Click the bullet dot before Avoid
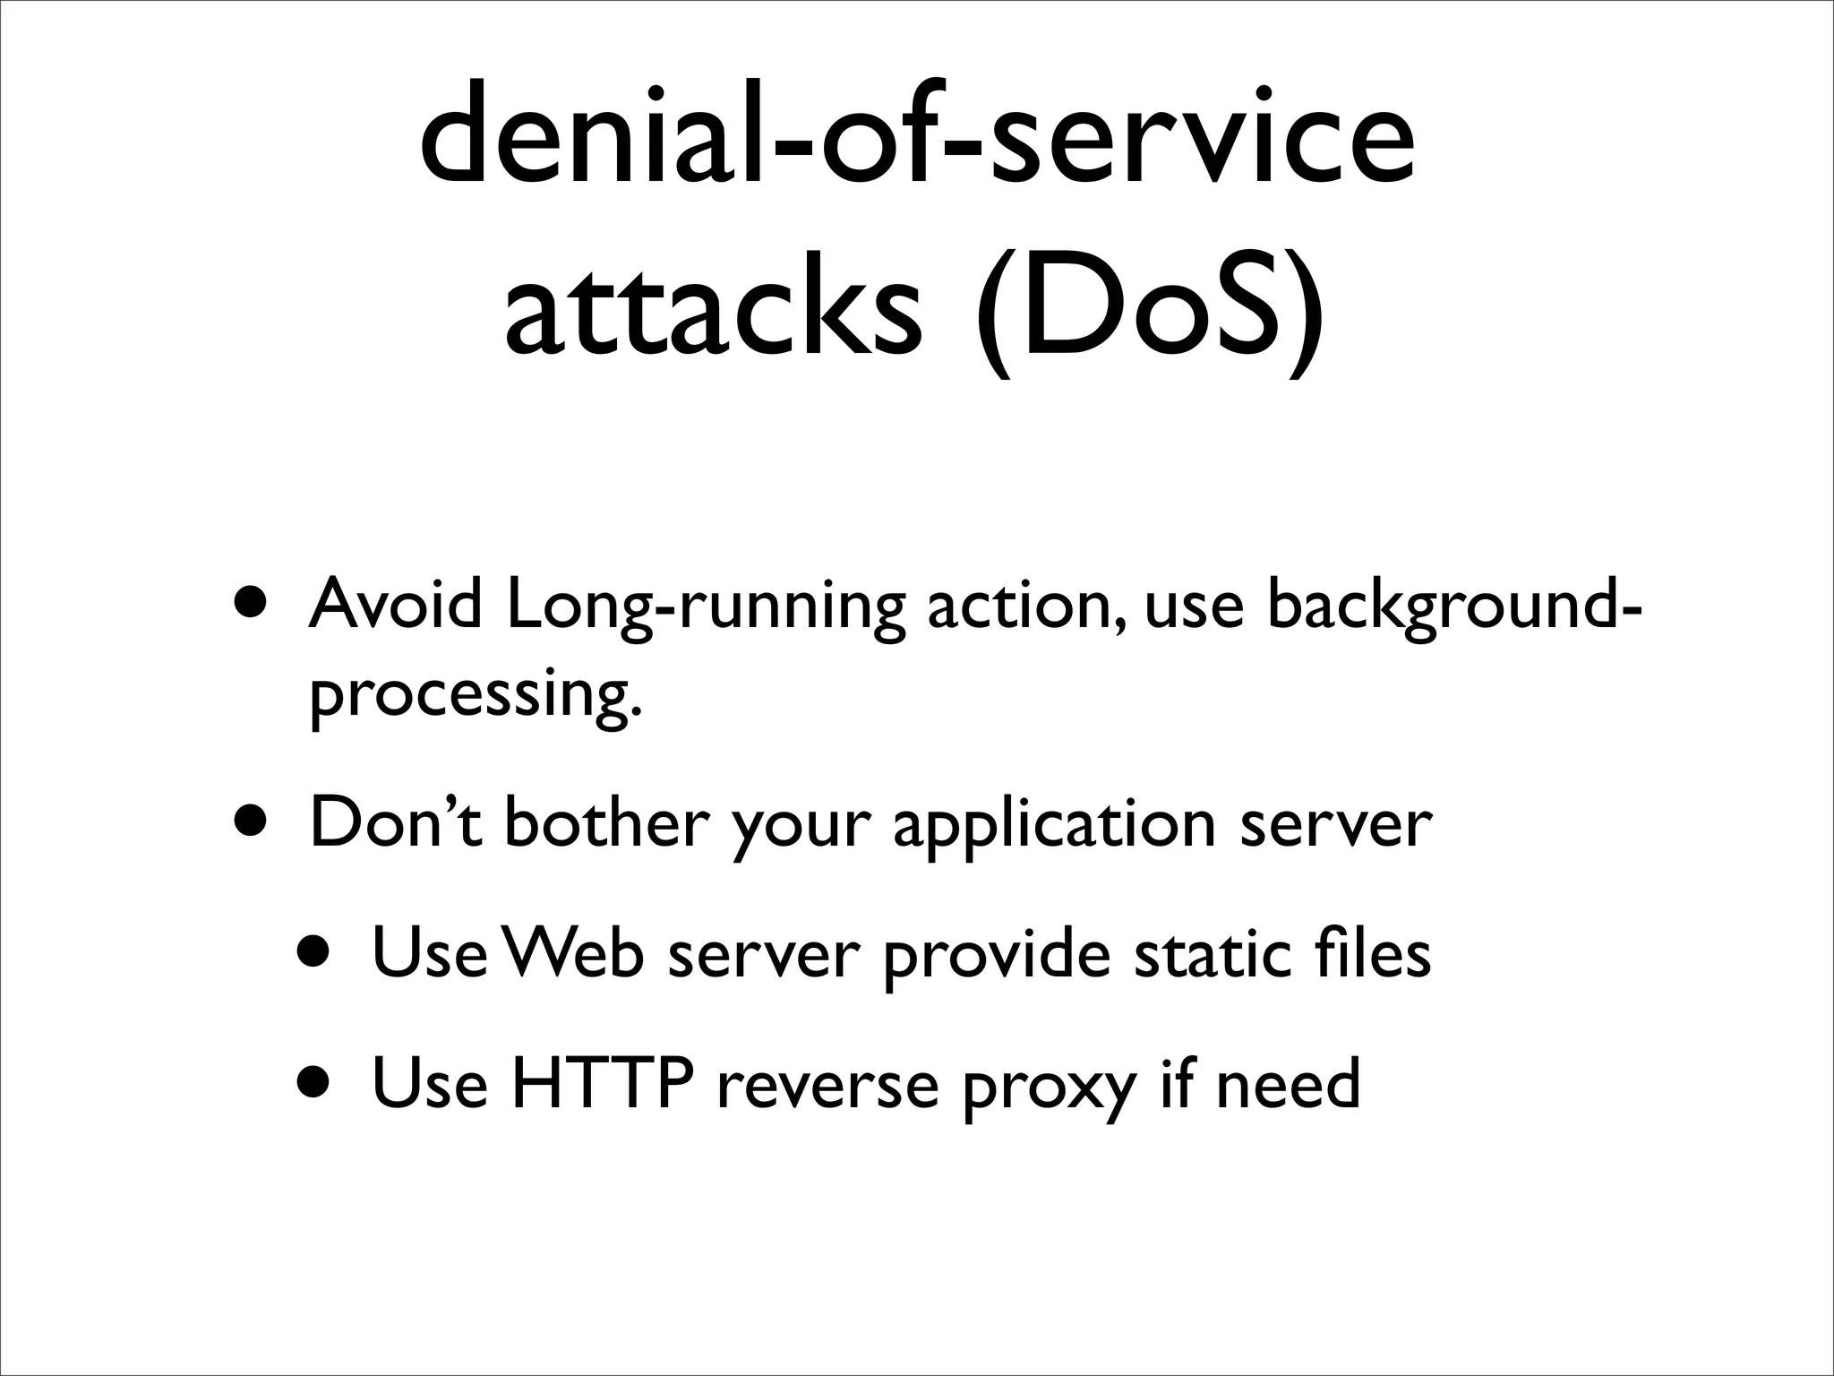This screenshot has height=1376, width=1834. [252, 599]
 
